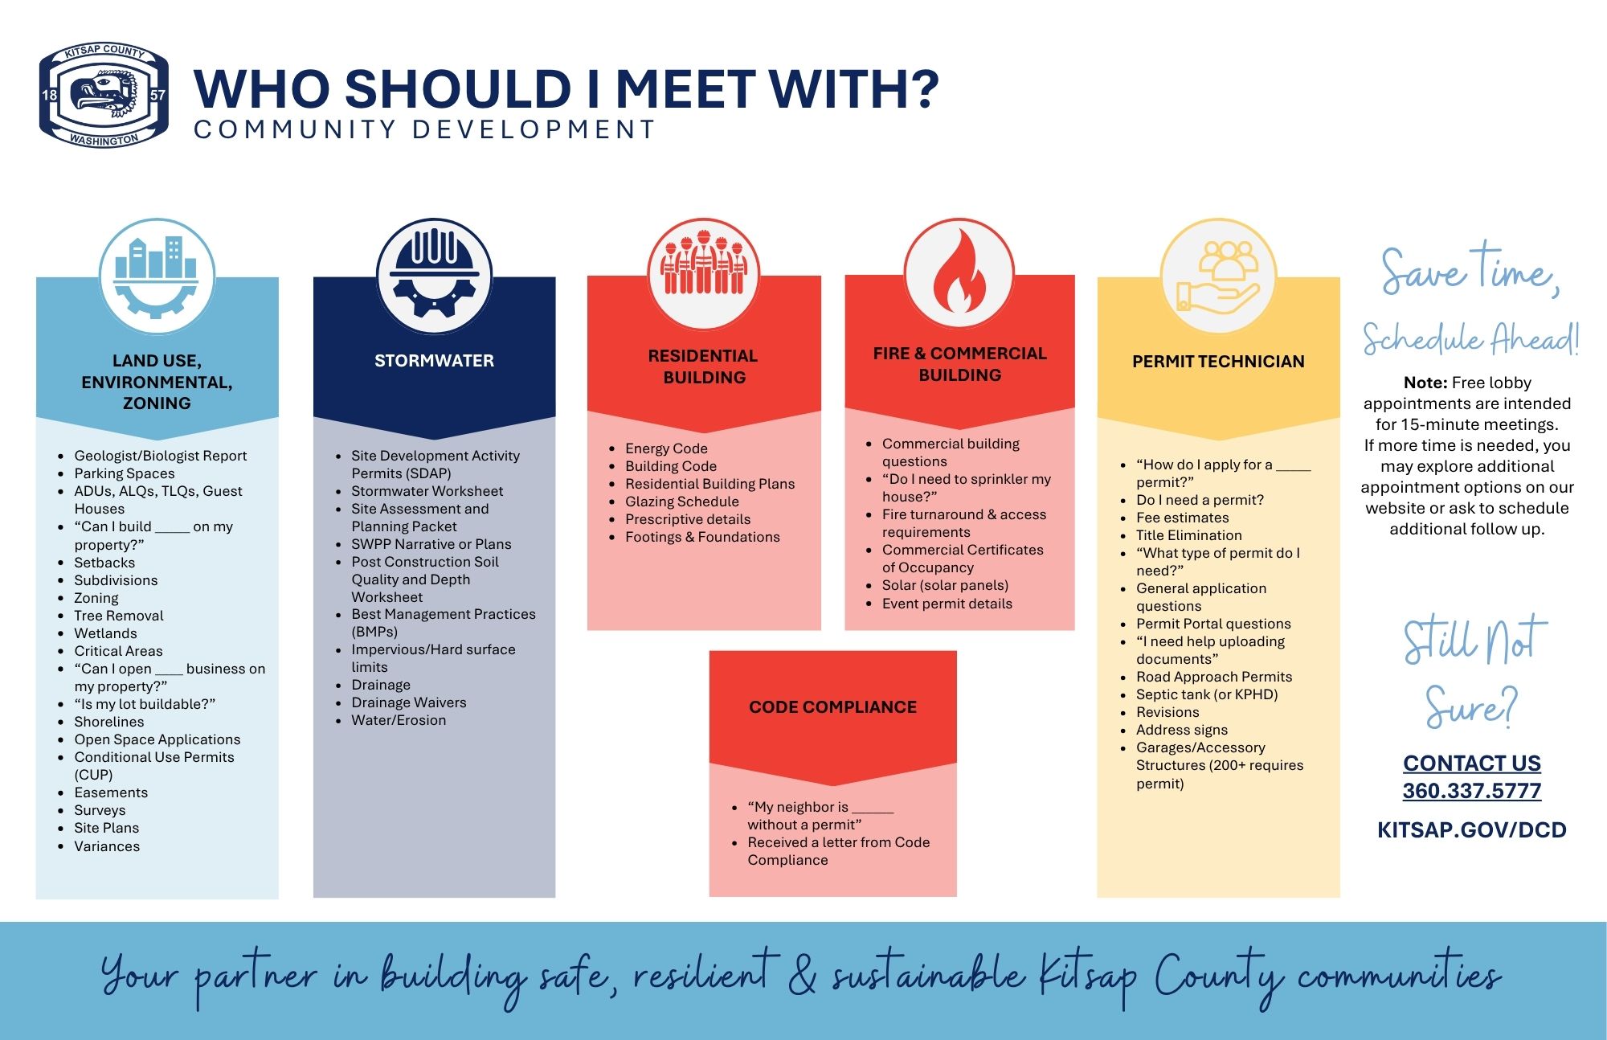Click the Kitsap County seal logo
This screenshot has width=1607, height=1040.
(x=104, y=96)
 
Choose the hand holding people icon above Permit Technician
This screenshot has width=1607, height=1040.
(x=1218, y=275)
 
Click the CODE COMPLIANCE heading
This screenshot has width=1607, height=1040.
(x=832, y=707)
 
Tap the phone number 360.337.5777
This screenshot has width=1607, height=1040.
(x=1472, y=791)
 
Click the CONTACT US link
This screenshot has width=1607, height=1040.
(x=1472, y=763)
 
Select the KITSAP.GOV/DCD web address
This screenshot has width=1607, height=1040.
(x=1472, y=830)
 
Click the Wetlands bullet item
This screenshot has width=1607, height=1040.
(x=105, y=633)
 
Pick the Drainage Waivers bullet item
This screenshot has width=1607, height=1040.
(x=408, y=702)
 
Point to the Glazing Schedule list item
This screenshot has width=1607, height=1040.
(x=682, y=502)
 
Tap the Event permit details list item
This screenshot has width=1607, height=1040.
(x=947, y=604)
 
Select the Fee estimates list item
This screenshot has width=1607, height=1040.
(x=1183, y=518)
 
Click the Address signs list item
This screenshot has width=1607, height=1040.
(x=1182, y=730)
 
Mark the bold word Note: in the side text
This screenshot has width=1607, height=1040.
(x=1425, y=383)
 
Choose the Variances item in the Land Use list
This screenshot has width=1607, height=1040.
(x=107, y=846)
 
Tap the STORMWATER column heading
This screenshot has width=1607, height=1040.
(x=434, y=361)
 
